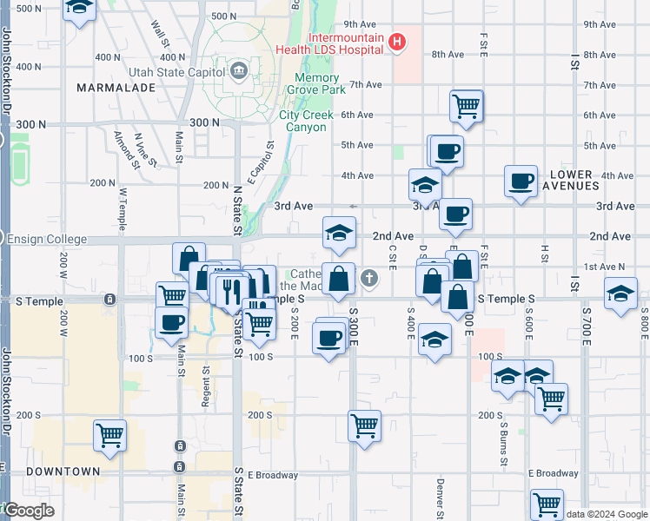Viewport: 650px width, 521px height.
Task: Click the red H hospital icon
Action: (x=397, y=41)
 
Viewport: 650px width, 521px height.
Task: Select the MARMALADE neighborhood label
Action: (x=115, y=88)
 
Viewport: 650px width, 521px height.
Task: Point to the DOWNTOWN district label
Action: (x=63, y=471)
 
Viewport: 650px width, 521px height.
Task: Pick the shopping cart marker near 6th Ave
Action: (x=467, y=106)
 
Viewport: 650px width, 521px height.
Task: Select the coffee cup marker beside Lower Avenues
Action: (x=521, y=181)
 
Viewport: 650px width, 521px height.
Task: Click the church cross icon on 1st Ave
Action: (x=369, y=278)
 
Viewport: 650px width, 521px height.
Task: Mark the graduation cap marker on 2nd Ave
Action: (x=339, y=232)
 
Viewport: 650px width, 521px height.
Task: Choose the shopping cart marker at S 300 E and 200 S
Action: (x=365, y=425)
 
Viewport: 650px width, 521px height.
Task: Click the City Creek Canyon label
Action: (x=303, y=121)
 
